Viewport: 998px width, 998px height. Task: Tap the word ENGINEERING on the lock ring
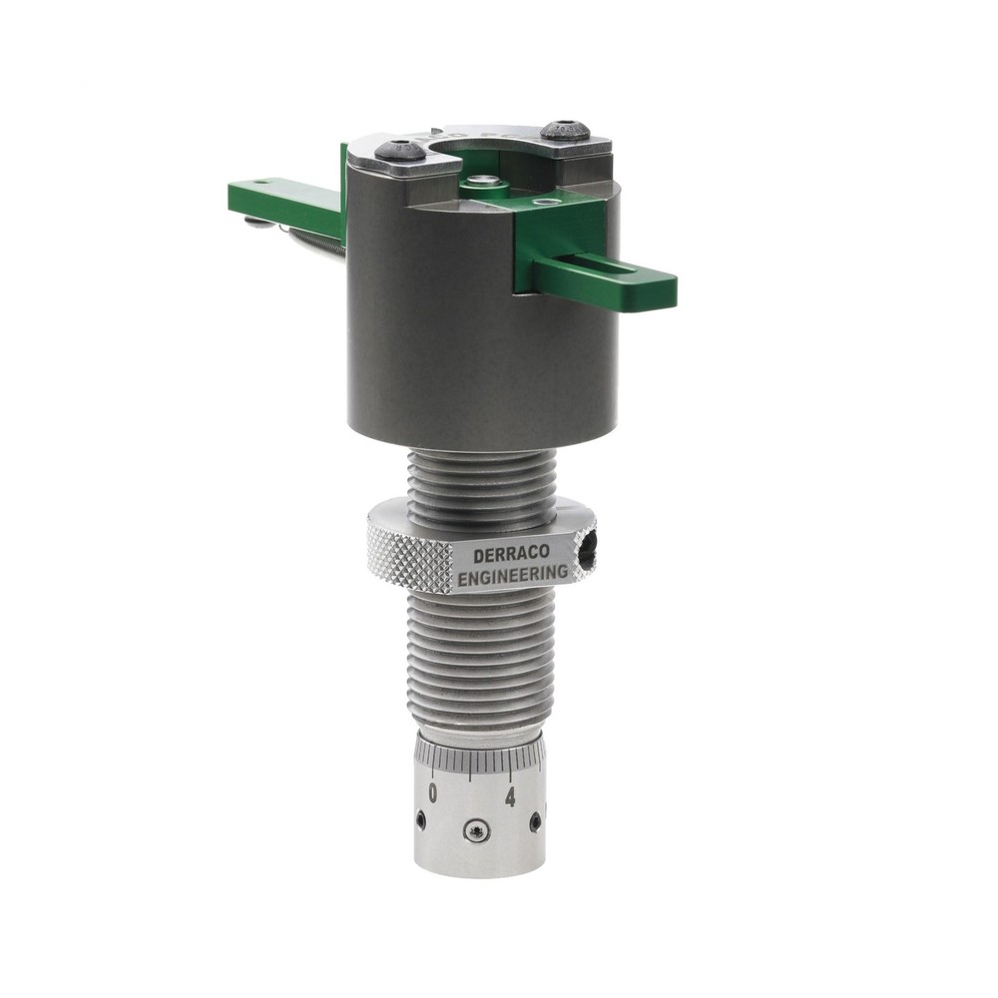[x=513, y=576]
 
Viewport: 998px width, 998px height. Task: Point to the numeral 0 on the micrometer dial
[x=432, y=792]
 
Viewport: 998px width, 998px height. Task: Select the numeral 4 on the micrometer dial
[x=510, y=796]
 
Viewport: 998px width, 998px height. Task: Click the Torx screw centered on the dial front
[x=477, y=830]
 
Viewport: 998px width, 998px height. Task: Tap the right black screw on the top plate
[x=565, y=131]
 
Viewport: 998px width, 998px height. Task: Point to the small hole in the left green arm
[x=261, y=183]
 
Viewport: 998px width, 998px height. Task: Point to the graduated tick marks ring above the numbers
[x=479, y=757]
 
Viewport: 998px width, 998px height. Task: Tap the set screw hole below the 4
[x=535, y=822]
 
